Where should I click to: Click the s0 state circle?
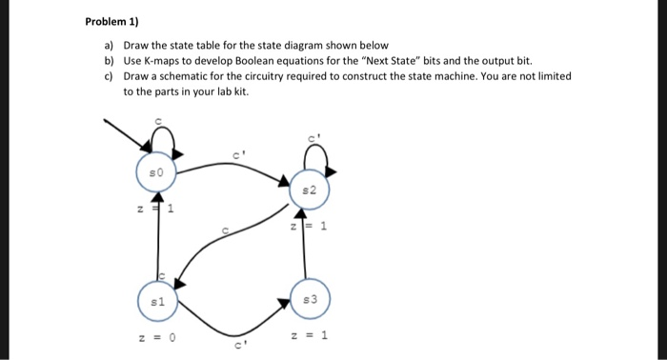[x=159, y=172]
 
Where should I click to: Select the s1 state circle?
[x=159, y=301]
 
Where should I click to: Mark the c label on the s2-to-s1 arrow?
[x=226, y=230]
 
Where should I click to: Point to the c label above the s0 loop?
[x=159, y=120]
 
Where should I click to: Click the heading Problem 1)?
[x=111, y=22]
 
